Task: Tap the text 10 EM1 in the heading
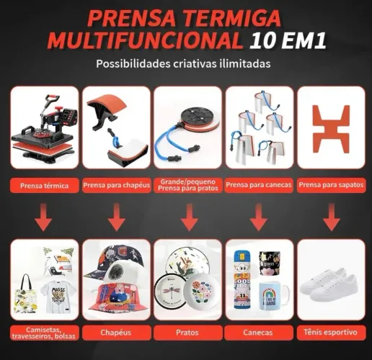pyautogui.click(x=288, y=41)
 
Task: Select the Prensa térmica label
pyautogui.click(x=45, y=186)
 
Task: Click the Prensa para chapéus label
pyautogui.click(x=117, y=185)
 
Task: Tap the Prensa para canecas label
pyautogui.click(x=259, y=185)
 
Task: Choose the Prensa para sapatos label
pyautogui.click(x=331, y=185)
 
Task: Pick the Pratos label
pyautogui.click(x=187, y=333)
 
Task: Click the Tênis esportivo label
pyautogui.click(x=330, y=332)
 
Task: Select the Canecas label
pyautogui.click(x=257, y=333)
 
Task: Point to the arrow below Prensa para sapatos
pyautogui.click(x=332, y=217)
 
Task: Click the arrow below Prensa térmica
pyautogui.click(x=43, y=217)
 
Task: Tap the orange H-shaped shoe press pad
pyautogui.click(x=332, y=129)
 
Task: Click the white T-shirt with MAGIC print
pyautogui.click(x=58, y=297)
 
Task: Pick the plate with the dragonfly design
pyautogui.click(x=170, y=292)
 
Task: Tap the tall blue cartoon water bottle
pyautogui.click(x=242, y=279)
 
